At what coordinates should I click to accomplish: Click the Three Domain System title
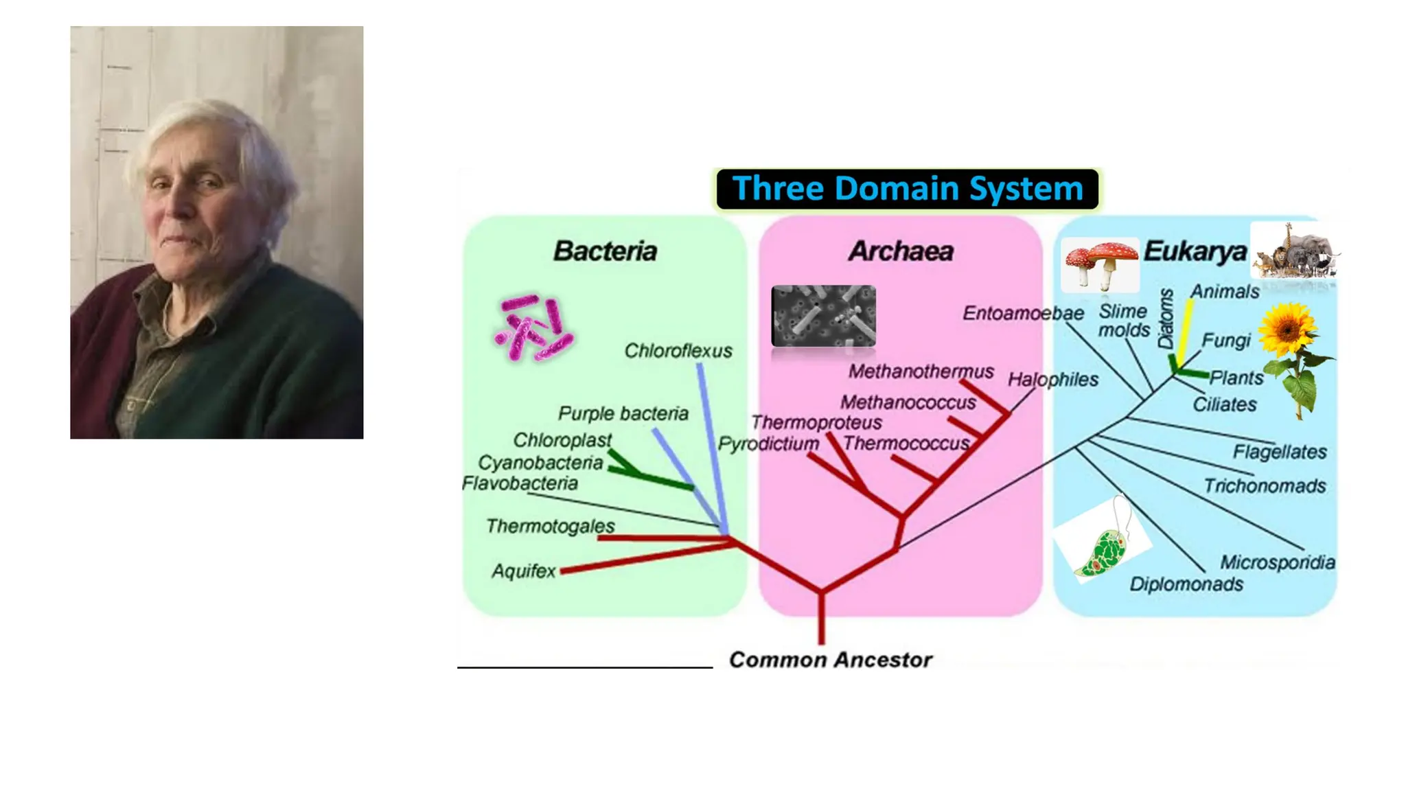[907, 189]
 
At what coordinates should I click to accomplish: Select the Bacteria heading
[605, 251]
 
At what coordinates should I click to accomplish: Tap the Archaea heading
[901, 251]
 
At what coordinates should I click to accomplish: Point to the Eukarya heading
[1195, 251]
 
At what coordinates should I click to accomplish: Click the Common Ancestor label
[830, 660]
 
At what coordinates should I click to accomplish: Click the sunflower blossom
[1288, 330]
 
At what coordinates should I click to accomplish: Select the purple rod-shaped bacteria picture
[533, 329]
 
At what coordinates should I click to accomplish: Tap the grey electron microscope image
[823, 315]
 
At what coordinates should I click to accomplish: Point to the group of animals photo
[1295, 252]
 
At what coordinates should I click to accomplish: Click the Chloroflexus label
[678, 351]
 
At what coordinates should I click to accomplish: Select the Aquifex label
[523, 571]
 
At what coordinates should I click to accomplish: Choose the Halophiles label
[1052, 380]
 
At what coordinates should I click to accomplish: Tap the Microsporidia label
[1277, 563]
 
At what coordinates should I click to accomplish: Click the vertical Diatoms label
[1166, 319]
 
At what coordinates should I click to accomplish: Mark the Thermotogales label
[550, 527]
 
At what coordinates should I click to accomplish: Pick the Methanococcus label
[908, 402]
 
